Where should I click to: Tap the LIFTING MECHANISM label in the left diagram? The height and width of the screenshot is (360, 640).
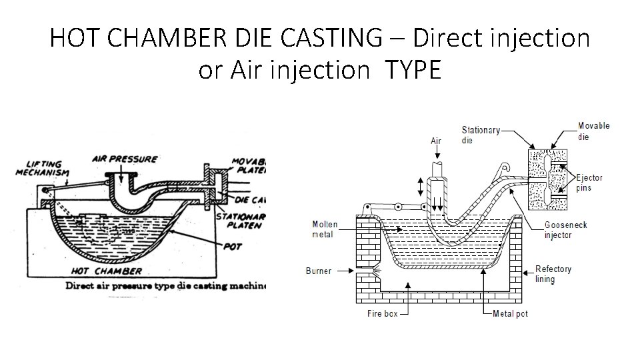pyautogui.click(x=43, y=168)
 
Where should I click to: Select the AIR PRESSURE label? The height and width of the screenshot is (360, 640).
pyautogui.click(x=124, y=159)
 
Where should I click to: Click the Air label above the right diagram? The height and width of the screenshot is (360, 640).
pyautogui.click(x=437, y=141)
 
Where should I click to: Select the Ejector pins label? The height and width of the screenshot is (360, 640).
pyautogui.click(x=589, y=183)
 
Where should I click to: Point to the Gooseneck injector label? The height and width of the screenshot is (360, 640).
pyautogui.click(x=566, y=229)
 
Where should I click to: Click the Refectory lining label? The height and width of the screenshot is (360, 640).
pyautogui.click(x=554, y=274)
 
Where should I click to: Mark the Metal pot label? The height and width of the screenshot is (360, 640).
pyautogui.click(x=510, y=313)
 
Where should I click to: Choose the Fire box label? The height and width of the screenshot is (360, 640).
pyautogui.click(x=383, y=313)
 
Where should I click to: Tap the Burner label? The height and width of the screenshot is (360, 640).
pyautogui.click(x=319, y=271)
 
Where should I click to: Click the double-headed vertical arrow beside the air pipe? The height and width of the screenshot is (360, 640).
pyautogui.click(x=421, y=187)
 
